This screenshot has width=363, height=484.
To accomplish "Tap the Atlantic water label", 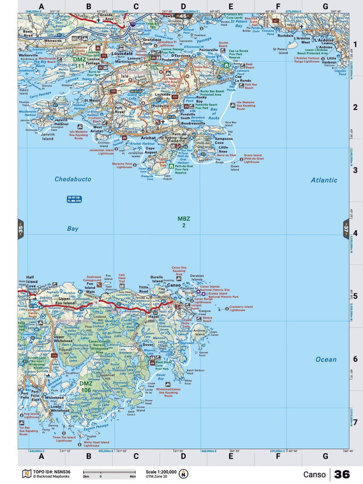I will point(323,180).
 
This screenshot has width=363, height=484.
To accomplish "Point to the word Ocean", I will point(326,359).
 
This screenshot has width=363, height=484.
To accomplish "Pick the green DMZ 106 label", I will point(86,386).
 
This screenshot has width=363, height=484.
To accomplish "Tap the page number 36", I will point(342,474).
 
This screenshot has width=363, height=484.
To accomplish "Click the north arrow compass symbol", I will point(183,474).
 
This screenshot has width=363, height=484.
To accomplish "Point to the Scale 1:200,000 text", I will point(161,472).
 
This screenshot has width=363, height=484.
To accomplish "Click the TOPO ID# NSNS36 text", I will point(53,472).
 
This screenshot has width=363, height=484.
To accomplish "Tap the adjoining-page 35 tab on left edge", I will point(20,231).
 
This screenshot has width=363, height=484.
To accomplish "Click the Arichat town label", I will point(148,137).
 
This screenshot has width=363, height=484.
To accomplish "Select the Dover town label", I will point(148,344).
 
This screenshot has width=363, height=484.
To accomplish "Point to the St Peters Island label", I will point(280,50).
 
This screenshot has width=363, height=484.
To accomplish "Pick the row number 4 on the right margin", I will point(355,233).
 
